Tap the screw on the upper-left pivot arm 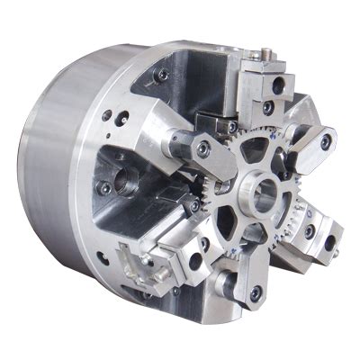[205, 148]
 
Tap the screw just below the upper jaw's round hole [268, 107]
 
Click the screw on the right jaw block [310, 231]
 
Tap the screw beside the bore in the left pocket [106, 188]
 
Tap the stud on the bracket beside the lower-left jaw [144, 261]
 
